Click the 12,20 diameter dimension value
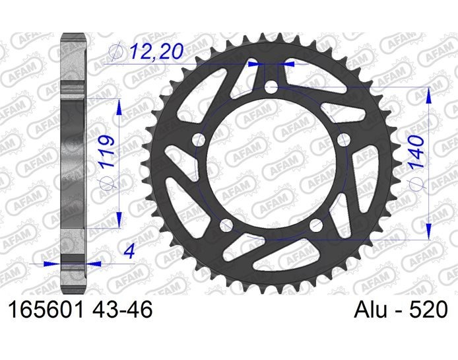pyautogui.click(x=157, y=51)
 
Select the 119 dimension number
pyautogui.click(x=107, y=151)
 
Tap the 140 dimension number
pyautogui.click(x=416, y=151)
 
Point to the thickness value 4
pyautogui.click(x=130, y=251)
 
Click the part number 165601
pyautogui.click(x=46, y=309)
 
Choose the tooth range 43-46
pyautogui.click(x=122, y=309)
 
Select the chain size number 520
pyautogui.click(x=429, y=309)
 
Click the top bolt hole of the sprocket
pyautogui.click(x=271, y=87)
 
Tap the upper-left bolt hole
pyautogui.click(x=199, y=140)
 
